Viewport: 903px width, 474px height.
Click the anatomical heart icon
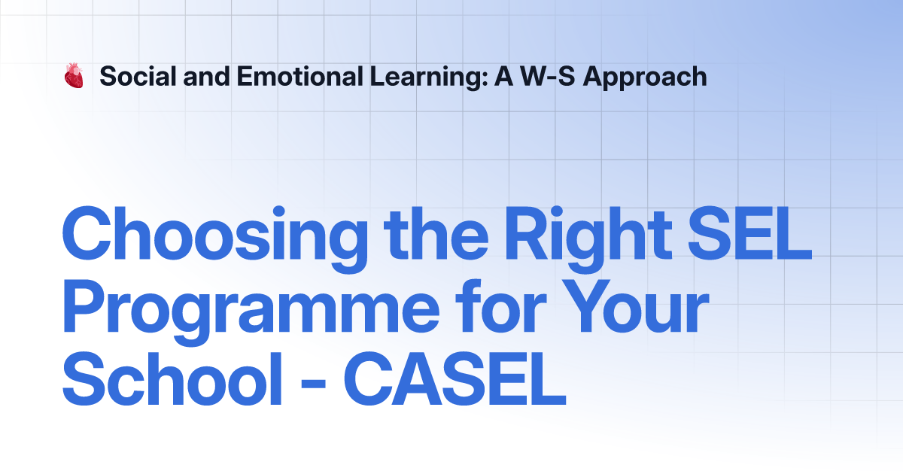[73, 76]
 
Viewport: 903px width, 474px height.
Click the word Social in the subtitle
[133, 76]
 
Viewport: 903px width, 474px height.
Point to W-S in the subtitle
[546, 76]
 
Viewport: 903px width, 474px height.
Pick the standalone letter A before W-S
[503, 76]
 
